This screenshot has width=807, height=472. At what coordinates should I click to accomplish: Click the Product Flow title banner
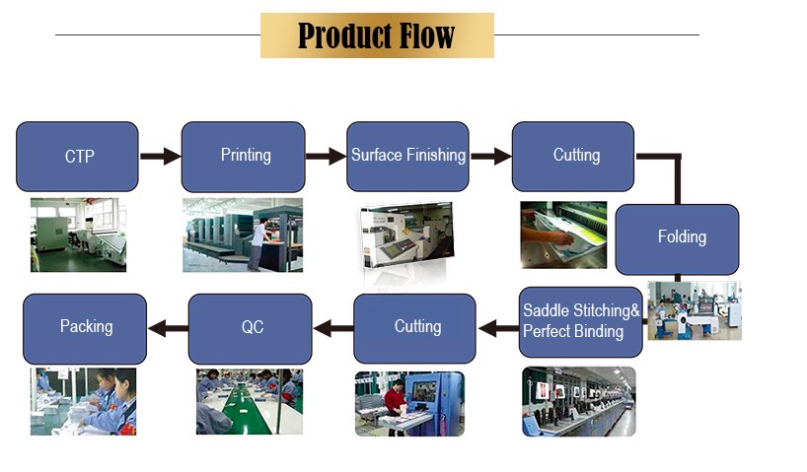click(377, 35)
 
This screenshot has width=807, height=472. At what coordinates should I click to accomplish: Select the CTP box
click(77, 157)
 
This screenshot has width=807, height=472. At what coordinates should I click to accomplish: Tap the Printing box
click(243, 157)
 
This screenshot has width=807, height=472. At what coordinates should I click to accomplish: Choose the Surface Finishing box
click(407, 157)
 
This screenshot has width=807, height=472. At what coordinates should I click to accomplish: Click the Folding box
click(677, 239)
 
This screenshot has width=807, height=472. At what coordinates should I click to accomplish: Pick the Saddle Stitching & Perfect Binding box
click(580, 322)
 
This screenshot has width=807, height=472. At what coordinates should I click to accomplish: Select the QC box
click(251, 329)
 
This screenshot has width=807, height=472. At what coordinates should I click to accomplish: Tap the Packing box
click(85, 329)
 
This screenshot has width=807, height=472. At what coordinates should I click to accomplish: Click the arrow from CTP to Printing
click(160, 156)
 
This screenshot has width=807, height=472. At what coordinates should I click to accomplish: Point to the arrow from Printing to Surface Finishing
click(326, 156)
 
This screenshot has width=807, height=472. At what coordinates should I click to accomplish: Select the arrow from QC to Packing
click(168, 328)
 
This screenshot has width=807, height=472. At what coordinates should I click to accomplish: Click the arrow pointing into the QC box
click(333, 328)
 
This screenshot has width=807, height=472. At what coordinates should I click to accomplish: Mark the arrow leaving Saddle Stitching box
click(498, 328)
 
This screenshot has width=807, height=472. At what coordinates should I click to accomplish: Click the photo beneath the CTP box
click(78, 235)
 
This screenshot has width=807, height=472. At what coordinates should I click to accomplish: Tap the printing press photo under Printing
click(243, 235)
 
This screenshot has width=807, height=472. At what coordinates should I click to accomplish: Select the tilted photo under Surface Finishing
click(407, 236)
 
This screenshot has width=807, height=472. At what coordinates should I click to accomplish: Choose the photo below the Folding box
click(695, 310)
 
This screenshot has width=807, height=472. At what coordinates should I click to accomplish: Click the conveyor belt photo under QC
click(250, 402)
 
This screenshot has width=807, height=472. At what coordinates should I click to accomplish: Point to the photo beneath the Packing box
click(84, 402)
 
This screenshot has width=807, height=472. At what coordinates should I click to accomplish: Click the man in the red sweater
click(395, 405)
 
